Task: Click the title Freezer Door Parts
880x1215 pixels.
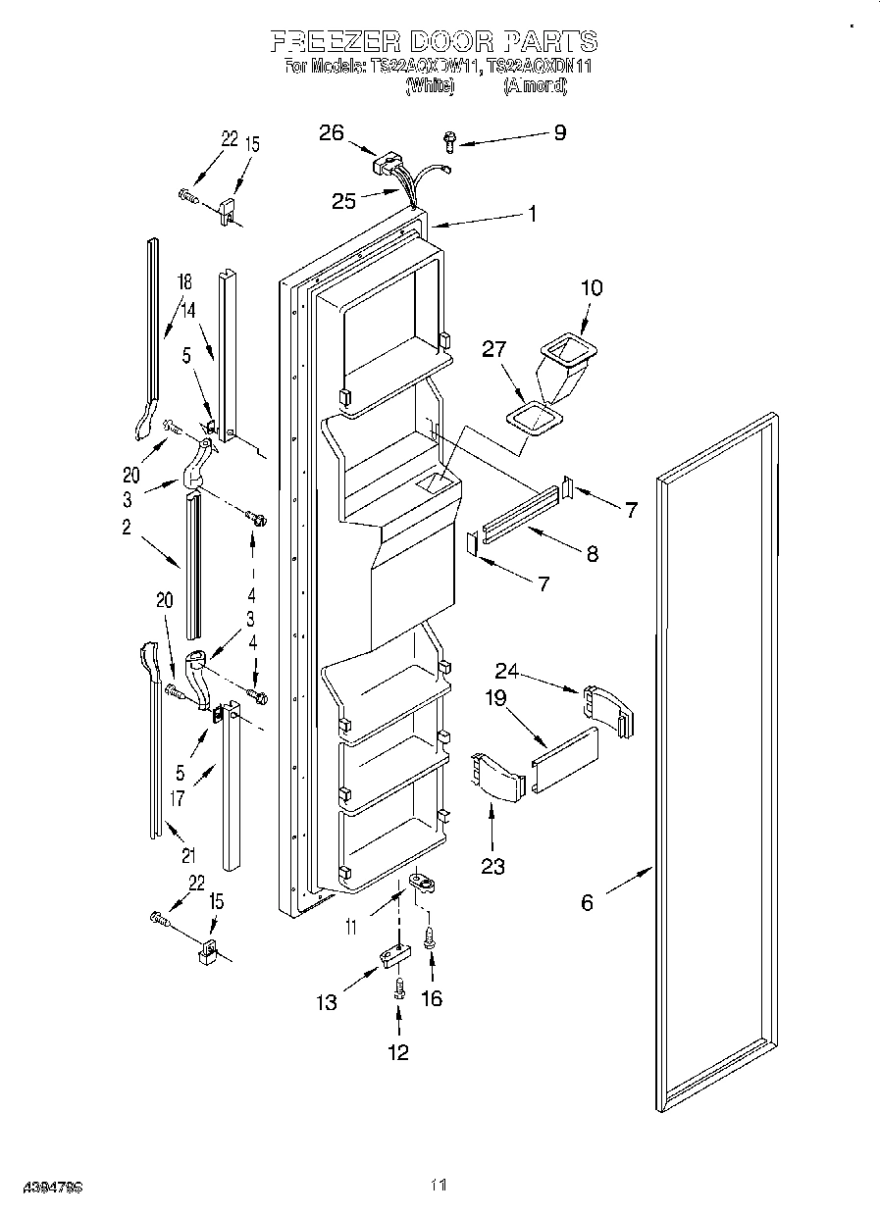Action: coord(434,41)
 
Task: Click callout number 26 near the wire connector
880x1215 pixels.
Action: coord(332,133)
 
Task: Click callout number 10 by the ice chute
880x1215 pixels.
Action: coord(592,288)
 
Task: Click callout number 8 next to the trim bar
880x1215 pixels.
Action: coord(592,553)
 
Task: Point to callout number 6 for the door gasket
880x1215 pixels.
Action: coord(587,902)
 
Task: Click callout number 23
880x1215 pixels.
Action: coord(492,866)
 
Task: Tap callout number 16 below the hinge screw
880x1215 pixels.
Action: coord(431,998)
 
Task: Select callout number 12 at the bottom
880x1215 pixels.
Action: coord(397,1052)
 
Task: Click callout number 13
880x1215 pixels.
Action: coord(327,1002)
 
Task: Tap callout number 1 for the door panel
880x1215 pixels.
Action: coord(532,212)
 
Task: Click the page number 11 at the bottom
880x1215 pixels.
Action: coord(439,1186)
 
